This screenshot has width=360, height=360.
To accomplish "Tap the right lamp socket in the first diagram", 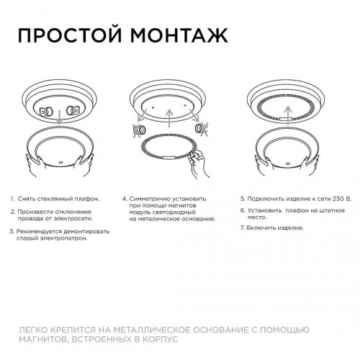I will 73,112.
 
